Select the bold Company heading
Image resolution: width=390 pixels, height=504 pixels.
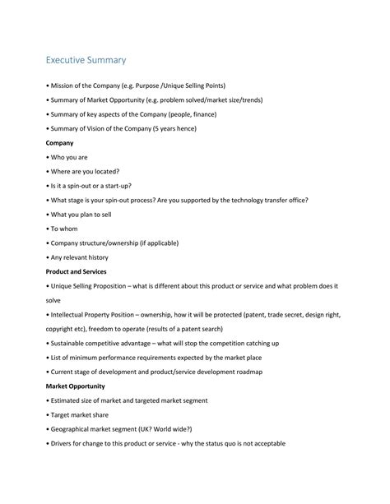pyautogui.click(x=60, y=142)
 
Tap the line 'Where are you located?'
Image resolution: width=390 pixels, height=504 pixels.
pyautogui.click(x=85, y=171)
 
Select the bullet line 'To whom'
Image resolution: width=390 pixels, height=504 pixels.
pyautogui.click(x=64, y=229)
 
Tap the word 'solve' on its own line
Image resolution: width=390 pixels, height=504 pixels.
pyautogui.click(x=54, y=300)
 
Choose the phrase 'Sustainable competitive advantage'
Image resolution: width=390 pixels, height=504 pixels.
pyautogui.click(x=109, y=343)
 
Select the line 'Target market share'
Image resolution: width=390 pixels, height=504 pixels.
pyautogui.click(x=81, y=414)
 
